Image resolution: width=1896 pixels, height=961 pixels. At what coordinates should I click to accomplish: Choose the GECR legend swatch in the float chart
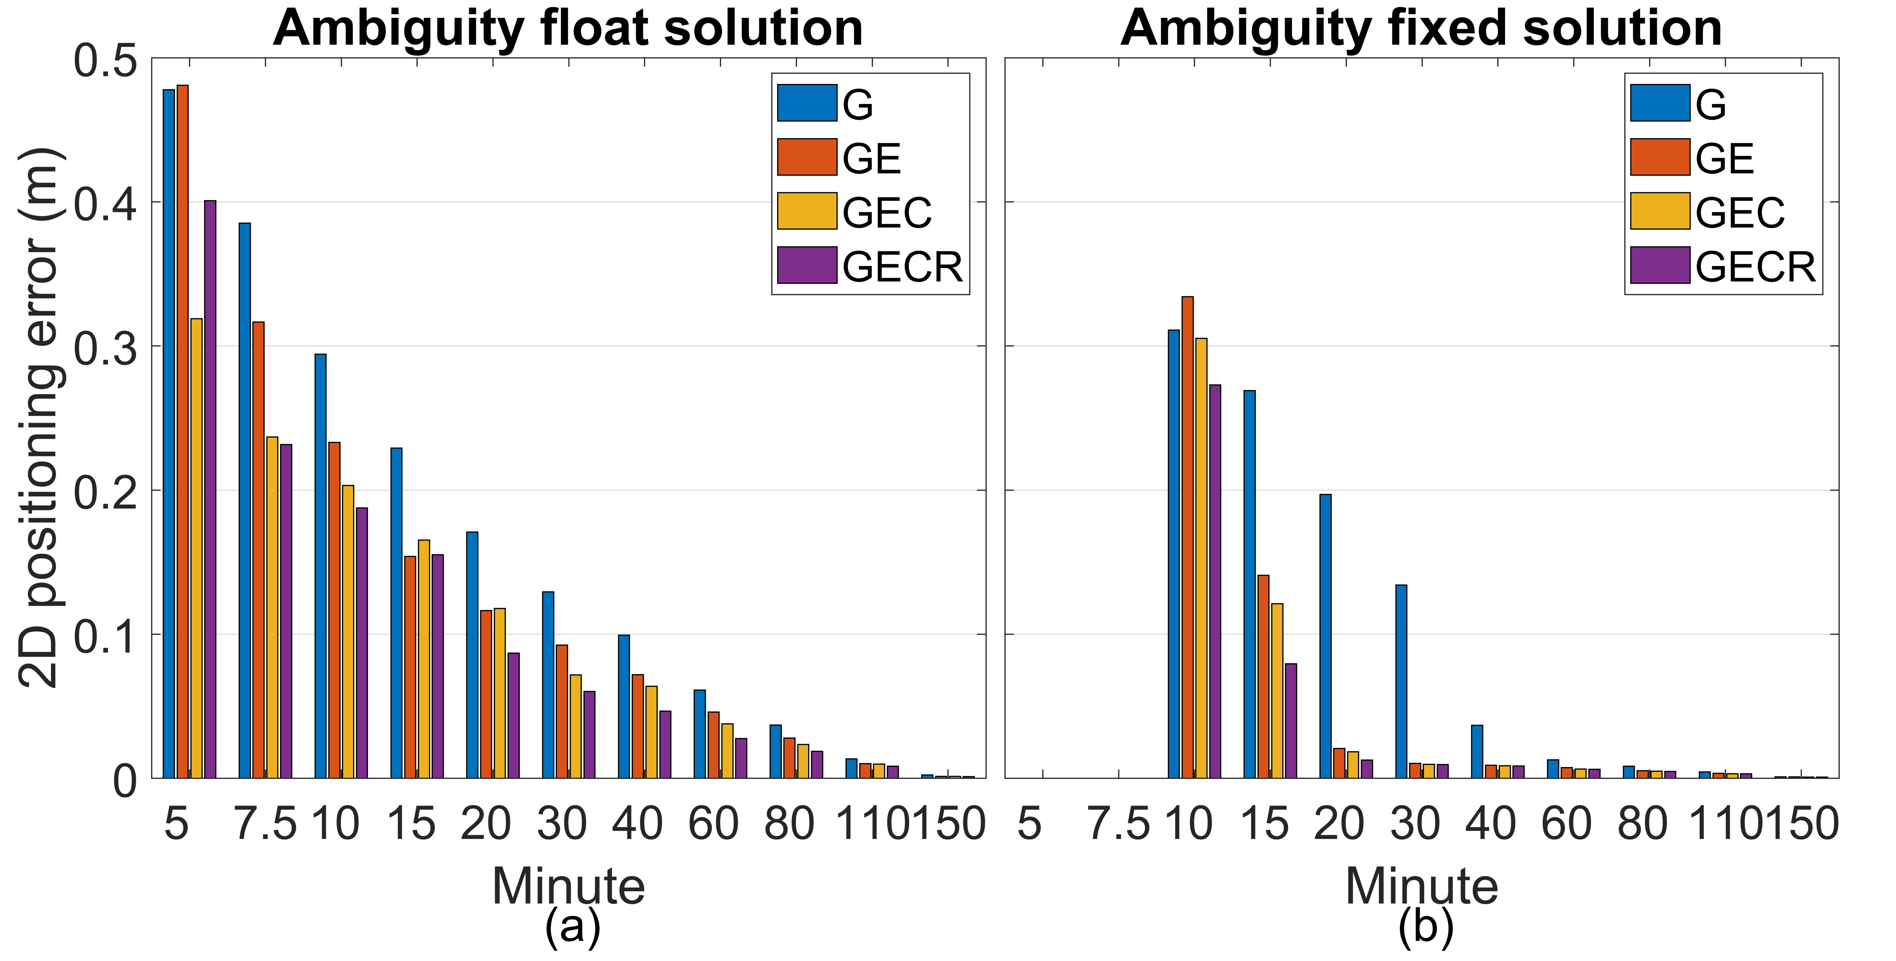(807, 265)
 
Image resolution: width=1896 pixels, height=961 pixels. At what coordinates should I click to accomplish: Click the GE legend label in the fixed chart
(1725, 158)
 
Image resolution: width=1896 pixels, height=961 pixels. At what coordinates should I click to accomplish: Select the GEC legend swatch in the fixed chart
(1660, 211)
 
